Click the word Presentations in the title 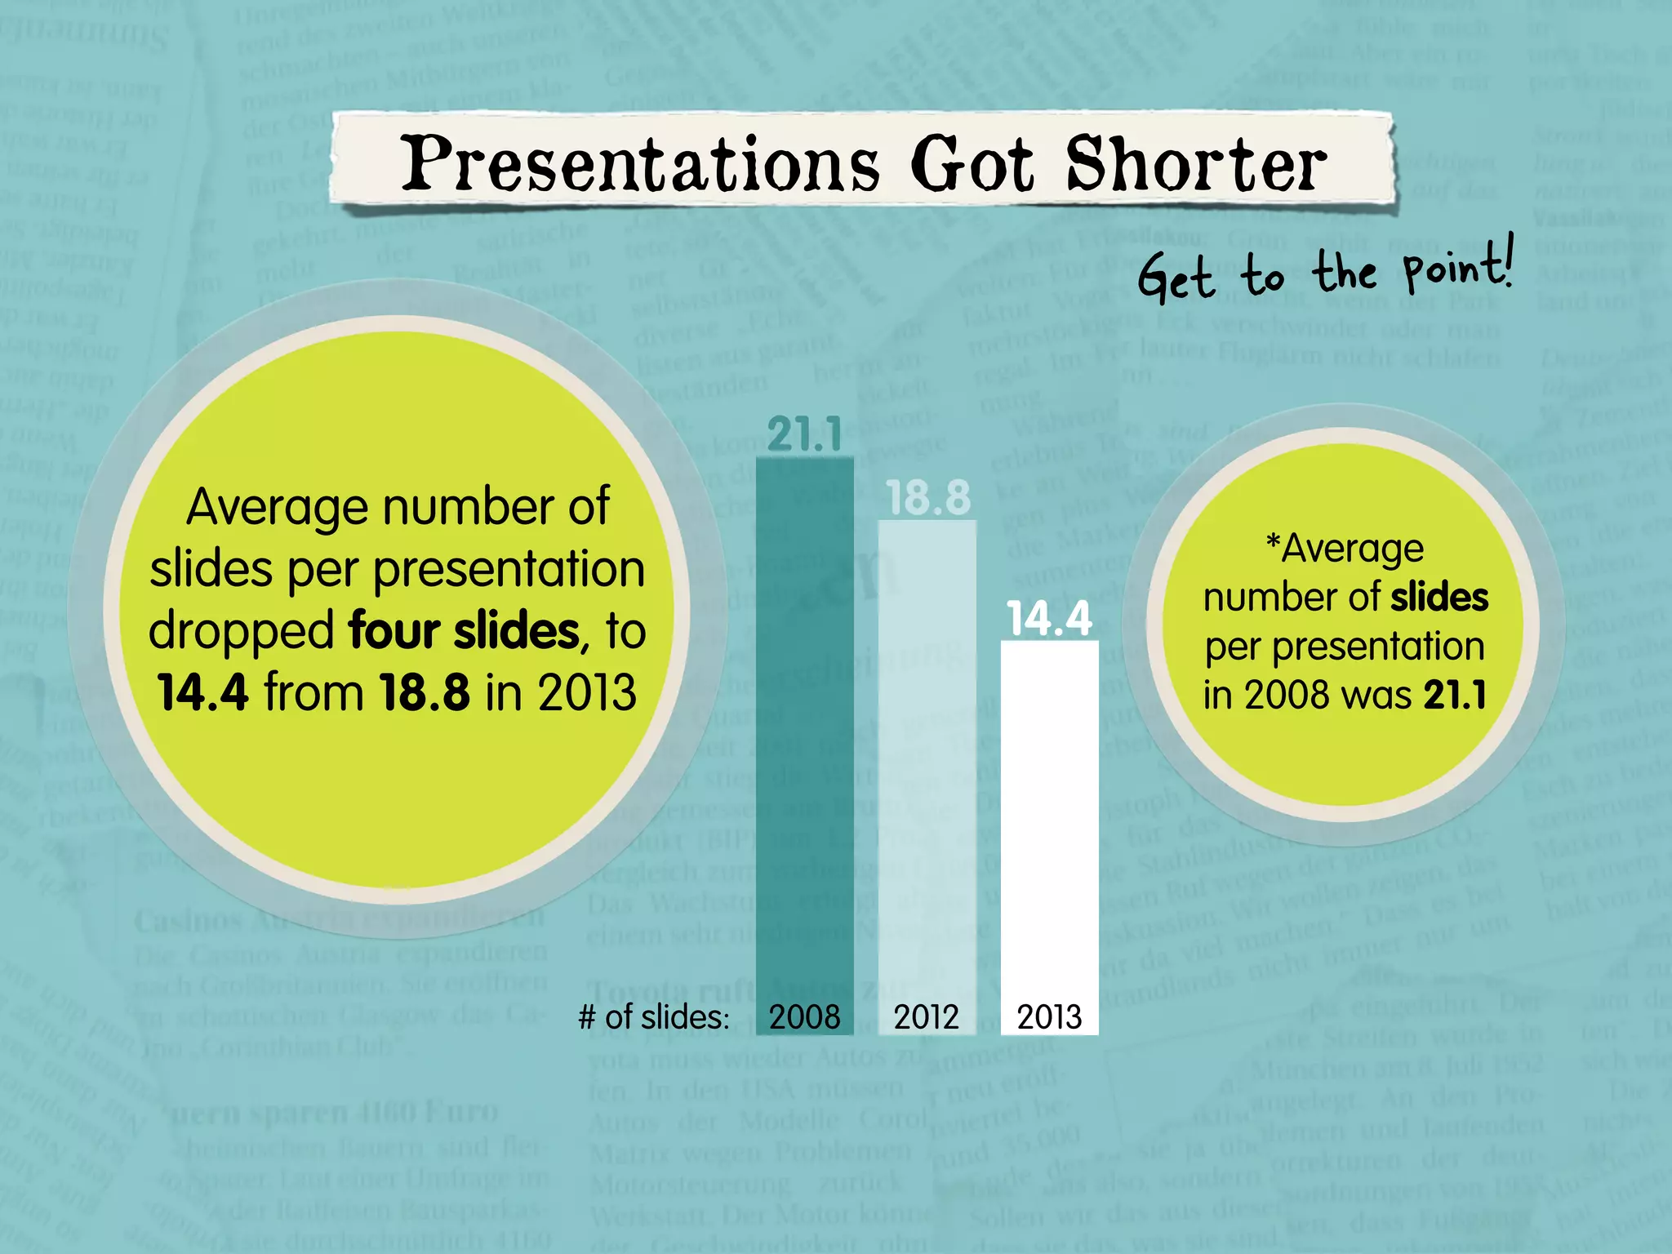click(x=640, y=163)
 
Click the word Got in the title click(x=972, y=163)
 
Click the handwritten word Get click(x=1176, y=278)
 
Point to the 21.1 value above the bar click(x=804, y=434)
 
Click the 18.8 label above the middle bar click(x=928, y=497)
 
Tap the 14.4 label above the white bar click(x=1049, y=618)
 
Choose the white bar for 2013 click(x=1049, y=816)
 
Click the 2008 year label click(x=804, y=1017)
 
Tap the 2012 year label click(x=926, y=1017)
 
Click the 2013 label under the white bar click(x=1049, y=1017)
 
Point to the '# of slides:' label click(x=653, y=1017)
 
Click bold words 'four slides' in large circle click(x=463, y=631)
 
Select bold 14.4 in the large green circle click(x=202, y=692)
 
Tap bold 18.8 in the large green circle click(x=425, y=692)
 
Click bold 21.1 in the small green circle click(x=1455, y=695)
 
